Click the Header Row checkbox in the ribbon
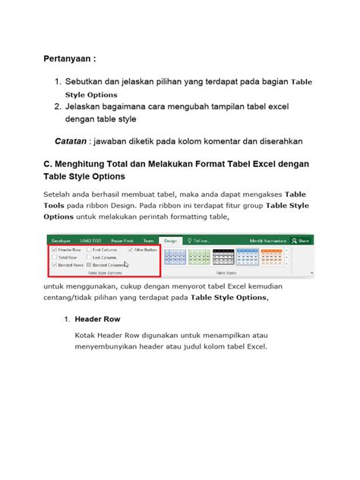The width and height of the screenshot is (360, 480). point(53,249)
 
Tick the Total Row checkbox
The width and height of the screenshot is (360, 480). point(53,257)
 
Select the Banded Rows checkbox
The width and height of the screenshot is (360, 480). point(53,265)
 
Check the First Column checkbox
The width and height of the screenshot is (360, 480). point(89,249)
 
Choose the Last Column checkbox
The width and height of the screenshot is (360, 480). point(89,257)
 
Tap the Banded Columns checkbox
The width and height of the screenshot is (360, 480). point(89,265)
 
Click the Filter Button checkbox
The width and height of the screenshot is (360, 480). point(131,249)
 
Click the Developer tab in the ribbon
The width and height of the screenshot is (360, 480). point(61,239)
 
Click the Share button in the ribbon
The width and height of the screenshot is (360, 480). point(301,239)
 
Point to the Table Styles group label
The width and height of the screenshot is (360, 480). point(226,271)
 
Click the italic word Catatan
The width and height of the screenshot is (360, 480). point(70,141)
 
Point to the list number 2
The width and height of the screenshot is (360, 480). point(57,107)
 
